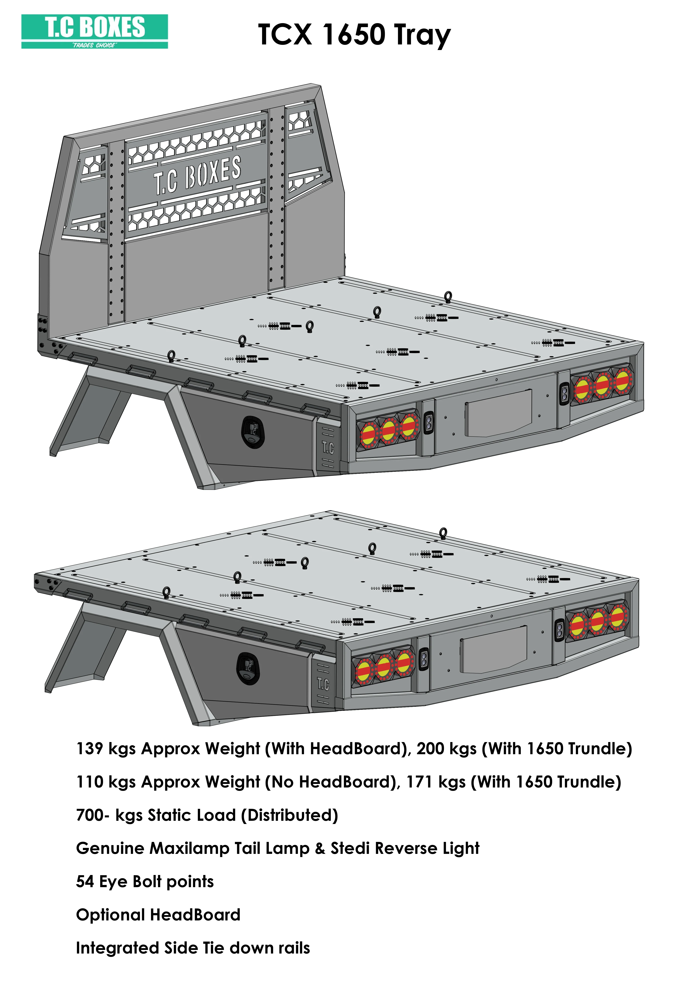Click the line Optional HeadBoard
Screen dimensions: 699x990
[158, 915]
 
